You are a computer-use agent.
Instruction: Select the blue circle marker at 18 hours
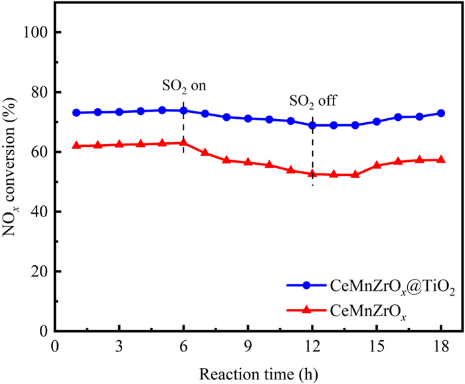pyautogui.click(x=441, y=113)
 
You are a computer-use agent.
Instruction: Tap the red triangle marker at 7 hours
pyautogui.click(x=205, y=152)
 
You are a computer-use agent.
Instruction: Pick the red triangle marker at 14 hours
pyautogui.click(x=355, y=174)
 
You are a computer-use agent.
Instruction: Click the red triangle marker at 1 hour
pyautogui.click(x=76, y=145)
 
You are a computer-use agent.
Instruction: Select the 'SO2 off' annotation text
pyautogui.click(x=314, y=102)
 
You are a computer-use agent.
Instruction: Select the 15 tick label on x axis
pyautogui.click(x=377, y=346)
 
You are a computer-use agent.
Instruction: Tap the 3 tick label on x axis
pyautogui.click(x=119, y=346)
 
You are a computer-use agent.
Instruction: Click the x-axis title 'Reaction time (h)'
pyautogui.click(x=258, y=369)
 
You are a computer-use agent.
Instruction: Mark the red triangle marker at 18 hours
pyautogui.click(x=441, y=159)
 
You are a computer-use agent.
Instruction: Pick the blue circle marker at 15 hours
pyautogui.click(x=377, y=122)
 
